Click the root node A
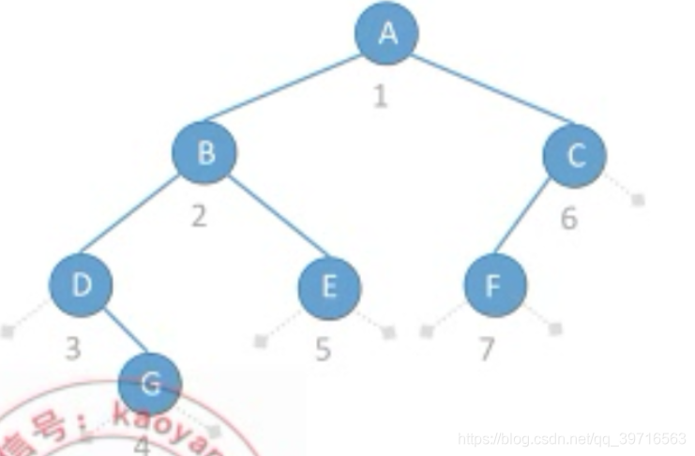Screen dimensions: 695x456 386,34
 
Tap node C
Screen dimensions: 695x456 574,155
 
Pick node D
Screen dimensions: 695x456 82,284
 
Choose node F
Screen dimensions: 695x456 494,285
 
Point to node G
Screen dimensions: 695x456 150,382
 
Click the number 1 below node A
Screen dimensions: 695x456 379,96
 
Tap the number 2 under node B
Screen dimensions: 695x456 198,216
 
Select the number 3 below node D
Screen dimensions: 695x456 73,348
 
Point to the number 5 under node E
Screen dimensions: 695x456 323,349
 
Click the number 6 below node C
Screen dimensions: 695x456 569,219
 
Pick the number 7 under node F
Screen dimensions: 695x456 486,349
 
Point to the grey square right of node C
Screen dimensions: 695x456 638,199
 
